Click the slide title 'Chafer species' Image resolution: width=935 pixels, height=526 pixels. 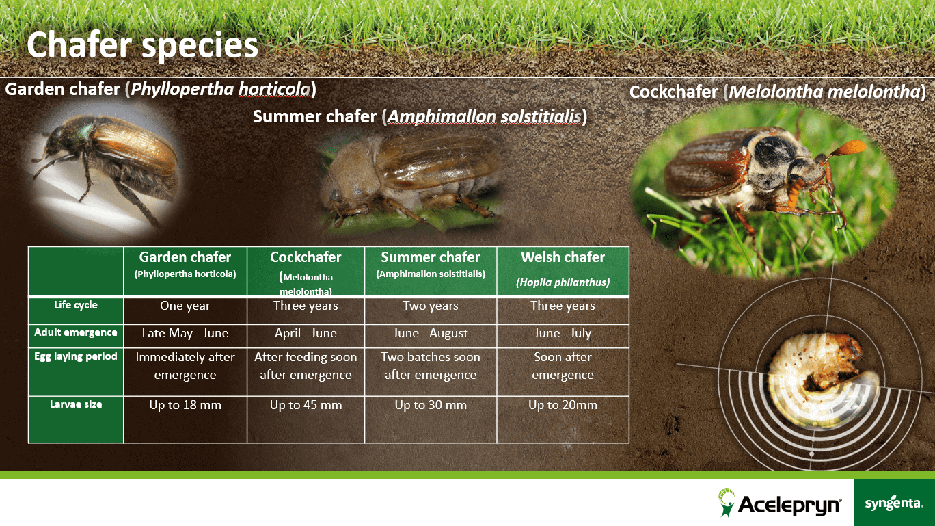pyautogui.click(x=142, y=46)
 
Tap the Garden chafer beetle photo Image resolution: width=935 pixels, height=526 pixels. pyautogui.click(x=107, y=167)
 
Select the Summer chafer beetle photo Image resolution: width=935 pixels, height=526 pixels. pyautogui.click(x=411, y=180)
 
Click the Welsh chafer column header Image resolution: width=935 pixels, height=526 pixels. pyautogui.click(x=563, y=271)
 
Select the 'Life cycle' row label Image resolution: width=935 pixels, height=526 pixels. pyautogui.click(x=76, y=305)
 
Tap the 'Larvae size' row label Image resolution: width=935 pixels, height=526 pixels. pyautogui.click(x=76, y=404)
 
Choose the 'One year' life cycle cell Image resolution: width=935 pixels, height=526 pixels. pyautogui.click(x=185, y=306)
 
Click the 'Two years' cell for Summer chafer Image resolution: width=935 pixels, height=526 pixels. pyautogui.click(x=431, y=306)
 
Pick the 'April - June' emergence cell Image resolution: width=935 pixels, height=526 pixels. pyautogui.click(x=306, y=333)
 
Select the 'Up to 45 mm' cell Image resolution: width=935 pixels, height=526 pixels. pyautogui.click(x=306, y=405)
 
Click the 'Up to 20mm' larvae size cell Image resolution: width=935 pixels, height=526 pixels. pyautogui.click(x=563, y=405)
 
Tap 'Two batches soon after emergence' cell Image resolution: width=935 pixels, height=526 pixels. pyautogui.click(x=431, y=366)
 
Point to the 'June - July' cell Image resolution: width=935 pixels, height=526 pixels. pyautogui.click(x=563, y=333)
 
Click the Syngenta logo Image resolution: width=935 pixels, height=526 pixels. pyautogui.click(x=894, y=503)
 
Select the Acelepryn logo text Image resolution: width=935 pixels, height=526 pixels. pyautogui.click(x=789, y=504)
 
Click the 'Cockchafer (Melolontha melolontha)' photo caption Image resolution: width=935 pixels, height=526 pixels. pyautogui.click(x=777, y=92)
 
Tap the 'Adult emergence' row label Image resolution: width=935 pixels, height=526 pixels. pyautogui.click(x=76, y=332)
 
